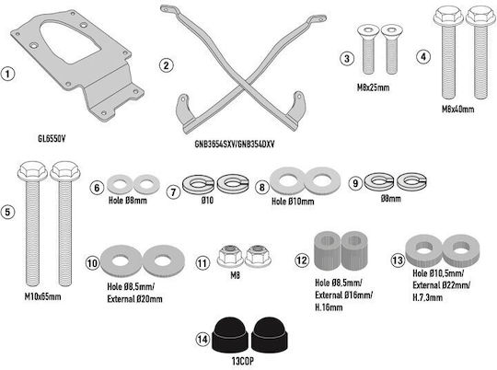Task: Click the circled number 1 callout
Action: (x=8, y=74)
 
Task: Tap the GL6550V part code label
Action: (x=52, y=139)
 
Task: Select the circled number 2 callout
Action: (x=167, y=65)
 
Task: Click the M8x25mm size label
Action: (x=373, y=87)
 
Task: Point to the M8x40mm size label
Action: (x=458, y=109)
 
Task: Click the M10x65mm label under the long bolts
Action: (x=42, y=297)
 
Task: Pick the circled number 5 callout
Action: (x=7, y=212)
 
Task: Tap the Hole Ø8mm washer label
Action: (x=128, y=201)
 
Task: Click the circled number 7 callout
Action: (x=173, y=192)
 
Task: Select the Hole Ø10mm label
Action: (x=293, y=202)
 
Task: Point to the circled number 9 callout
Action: (x=355, y=183)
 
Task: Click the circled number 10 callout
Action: (x=93, y=263)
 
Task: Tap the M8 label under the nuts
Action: (x=235, y=275)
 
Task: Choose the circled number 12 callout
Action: (x=302, y=260)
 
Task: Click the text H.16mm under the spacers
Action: (x=329, y=307)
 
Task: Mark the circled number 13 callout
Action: (x=398, y=260)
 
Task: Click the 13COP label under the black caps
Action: (x=243, y=361)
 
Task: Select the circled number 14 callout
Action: (x=202, y=340)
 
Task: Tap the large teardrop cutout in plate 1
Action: (x=70, y=41)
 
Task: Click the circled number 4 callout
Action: (x=423, y=57)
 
